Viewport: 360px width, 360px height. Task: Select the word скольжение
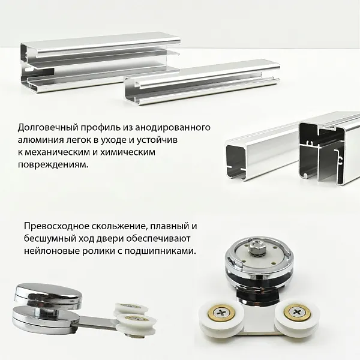(115, 227)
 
